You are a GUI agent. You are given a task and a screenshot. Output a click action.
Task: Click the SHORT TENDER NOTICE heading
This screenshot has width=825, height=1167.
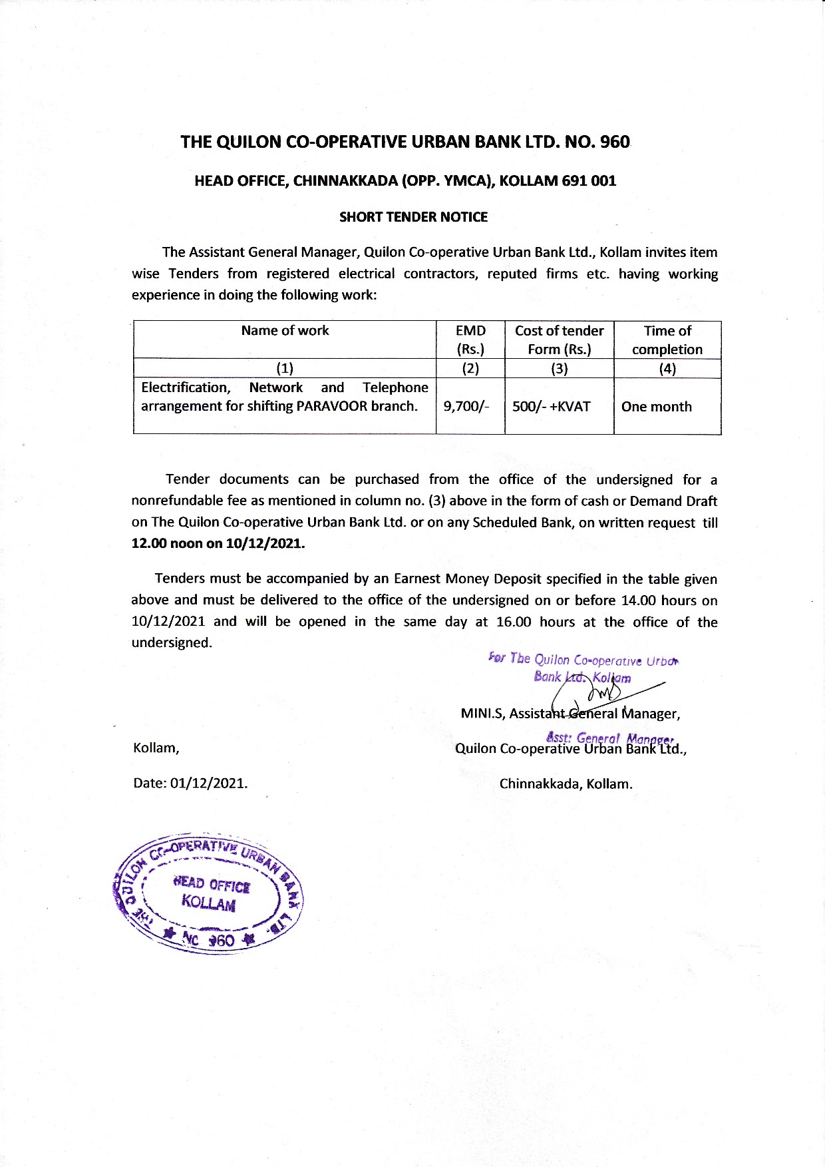[413, 217]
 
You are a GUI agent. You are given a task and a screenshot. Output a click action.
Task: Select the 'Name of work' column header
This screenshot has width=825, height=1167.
[285, 331]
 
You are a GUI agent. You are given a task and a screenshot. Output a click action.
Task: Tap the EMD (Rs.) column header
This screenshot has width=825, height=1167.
[470, 340]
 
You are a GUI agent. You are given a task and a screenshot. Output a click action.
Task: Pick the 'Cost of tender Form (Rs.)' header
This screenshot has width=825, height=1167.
[559, 340]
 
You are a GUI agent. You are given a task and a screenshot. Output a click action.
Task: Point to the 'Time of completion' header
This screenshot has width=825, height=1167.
[667, 340]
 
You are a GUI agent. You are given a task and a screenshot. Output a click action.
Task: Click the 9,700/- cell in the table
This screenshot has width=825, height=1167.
[466, 406]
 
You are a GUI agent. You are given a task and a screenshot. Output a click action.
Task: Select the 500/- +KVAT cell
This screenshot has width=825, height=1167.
[551, 407]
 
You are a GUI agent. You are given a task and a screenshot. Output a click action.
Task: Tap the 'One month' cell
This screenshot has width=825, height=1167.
[656, 407]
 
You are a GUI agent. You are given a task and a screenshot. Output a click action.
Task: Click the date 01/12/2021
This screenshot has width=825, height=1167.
[208, 783]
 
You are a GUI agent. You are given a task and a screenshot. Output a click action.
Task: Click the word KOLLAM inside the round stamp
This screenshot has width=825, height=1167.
[208, 903]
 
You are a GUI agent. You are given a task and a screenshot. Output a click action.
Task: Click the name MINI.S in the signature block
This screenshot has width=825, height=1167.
[482, 714]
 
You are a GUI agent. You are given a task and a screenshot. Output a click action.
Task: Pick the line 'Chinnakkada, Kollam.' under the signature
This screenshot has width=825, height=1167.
[566, 784]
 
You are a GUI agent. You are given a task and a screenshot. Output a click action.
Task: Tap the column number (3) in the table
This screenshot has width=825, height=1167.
[559, 369]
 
